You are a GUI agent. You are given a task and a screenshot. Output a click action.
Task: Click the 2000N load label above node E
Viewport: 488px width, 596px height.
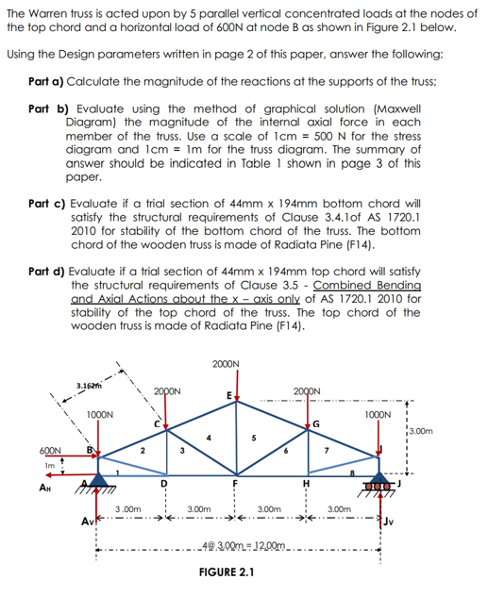pos(227,363)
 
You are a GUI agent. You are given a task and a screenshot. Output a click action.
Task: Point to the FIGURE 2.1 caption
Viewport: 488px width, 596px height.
pos(227,572)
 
